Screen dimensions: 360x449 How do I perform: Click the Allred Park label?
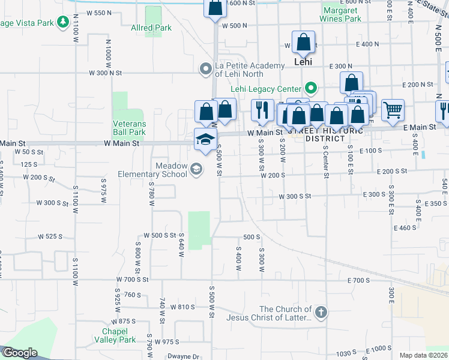(x=151, y=28)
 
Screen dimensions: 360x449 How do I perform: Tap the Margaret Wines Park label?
(x=342, y=14)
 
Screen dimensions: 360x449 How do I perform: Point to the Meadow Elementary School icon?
(x=196, y=170)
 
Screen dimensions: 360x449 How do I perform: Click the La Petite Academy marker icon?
(x=206, y=70)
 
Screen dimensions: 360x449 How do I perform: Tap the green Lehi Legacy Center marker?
(x=310, y=89)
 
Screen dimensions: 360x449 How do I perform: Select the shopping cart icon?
(x=393, y=109)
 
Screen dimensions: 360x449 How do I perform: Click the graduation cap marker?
(x=205, y=139)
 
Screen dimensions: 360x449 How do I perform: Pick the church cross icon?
(x=321, y=312)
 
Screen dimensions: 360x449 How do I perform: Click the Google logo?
(x=20, y=353)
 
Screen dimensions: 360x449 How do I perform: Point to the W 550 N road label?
(x=100, y=13)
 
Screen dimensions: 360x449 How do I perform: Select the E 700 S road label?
(x=358, y=280)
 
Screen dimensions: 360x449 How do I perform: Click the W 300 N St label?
(x=105, y=73)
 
